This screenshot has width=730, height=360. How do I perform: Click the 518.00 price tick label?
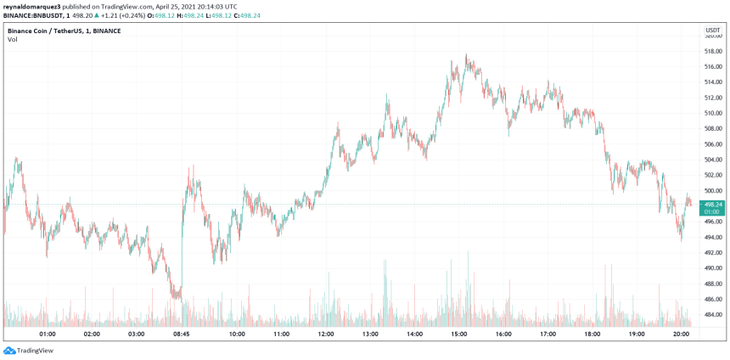712,50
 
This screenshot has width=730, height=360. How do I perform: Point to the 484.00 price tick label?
712,315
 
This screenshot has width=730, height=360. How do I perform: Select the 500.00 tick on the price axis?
712,190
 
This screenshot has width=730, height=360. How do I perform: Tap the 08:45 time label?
180,335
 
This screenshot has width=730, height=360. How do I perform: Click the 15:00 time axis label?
459,335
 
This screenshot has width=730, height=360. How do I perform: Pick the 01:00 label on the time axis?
48,335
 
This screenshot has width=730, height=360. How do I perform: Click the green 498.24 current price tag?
713,205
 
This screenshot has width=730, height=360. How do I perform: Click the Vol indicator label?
12,40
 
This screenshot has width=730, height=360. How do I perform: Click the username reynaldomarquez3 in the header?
35,6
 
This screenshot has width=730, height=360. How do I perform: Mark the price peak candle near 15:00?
466,58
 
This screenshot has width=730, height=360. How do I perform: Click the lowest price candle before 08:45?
177,296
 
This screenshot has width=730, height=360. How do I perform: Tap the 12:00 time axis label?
326,335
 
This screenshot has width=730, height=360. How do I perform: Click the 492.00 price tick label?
712,253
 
